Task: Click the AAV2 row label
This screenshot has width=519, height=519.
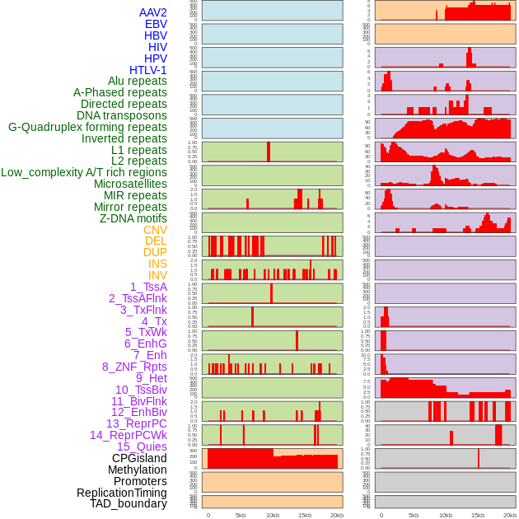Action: tap(152, 12)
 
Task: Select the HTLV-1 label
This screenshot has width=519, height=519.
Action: tap(147, 70)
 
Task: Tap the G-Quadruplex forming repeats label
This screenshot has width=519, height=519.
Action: tap(87, 127)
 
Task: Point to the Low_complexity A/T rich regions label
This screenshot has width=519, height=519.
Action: tap(83, 172)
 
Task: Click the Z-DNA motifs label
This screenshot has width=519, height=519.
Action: tap(133, 218)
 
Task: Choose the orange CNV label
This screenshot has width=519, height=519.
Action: tap(155, 230)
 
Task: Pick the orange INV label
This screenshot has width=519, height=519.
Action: tap(157, 275)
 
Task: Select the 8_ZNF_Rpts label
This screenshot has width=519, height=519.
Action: tap(134, 367)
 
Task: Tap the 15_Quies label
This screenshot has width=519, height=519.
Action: tap(142, 447)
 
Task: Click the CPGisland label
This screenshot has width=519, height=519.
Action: tap(139, 458)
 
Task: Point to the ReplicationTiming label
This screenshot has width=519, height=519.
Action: tap(121, 493)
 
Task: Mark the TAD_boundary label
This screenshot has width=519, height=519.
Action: tap(128, 503)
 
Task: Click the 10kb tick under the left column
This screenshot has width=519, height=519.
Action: tap(273, 515)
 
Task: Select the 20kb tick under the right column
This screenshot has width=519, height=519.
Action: tap(510, 515)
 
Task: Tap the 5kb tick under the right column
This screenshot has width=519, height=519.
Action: tap(414, 515)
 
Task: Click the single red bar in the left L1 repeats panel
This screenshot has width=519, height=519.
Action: tap(269, 152)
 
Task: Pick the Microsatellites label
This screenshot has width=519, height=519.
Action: tap(130, 184)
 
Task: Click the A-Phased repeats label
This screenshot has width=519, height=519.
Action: tap(119, 92)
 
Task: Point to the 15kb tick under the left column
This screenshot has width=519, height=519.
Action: tap(305, 515)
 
